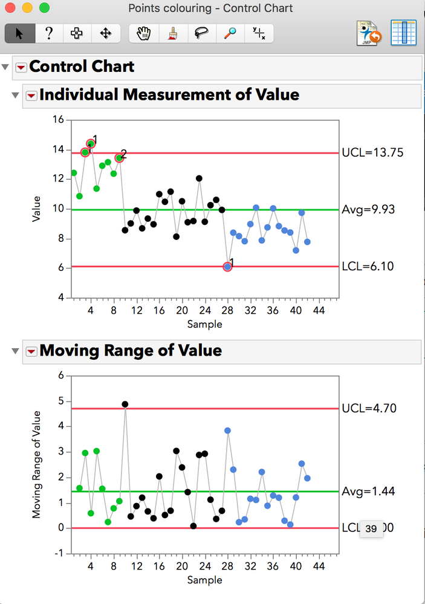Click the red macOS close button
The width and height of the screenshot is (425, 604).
pos(10,8)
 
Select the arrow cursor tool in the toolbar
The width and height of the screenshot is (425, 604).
pos(19,33)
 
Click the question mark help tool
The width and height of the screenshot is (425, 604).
pos(49,33)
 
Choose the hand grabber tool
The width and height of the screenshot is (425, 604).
pos(144,33)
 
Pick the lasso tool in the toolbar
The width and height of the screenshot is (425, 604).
pos(201,33)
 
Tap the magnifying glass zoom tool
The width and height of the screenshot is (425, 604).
pos(230,33)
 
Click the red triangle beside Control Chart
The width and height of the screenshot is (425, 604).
pos(21,67)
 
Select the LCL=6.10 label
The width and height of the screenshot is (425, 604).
pos(368,266)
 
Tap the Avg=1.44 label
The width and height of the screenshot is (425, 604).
pos(368,491)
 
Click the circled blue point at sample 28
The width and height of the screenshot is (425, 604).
pos(227,267)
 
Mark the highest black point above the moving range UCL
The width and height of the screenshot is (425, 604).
pos(125,404)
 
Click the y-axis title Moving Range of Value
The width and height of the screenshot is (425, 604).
pos(36,464)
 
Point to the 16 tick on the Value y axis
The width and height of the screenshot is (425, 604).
pos(58,120)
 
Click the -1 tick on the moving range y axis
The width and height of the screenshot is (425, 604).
pos(60,553)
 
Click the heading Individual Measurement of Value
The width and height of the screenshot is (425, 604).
pos(169,95)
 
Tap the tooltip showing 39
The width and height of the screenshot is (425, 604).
pos(371,529)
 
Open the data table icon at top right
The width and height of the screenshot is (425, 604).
pos(403,33)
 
